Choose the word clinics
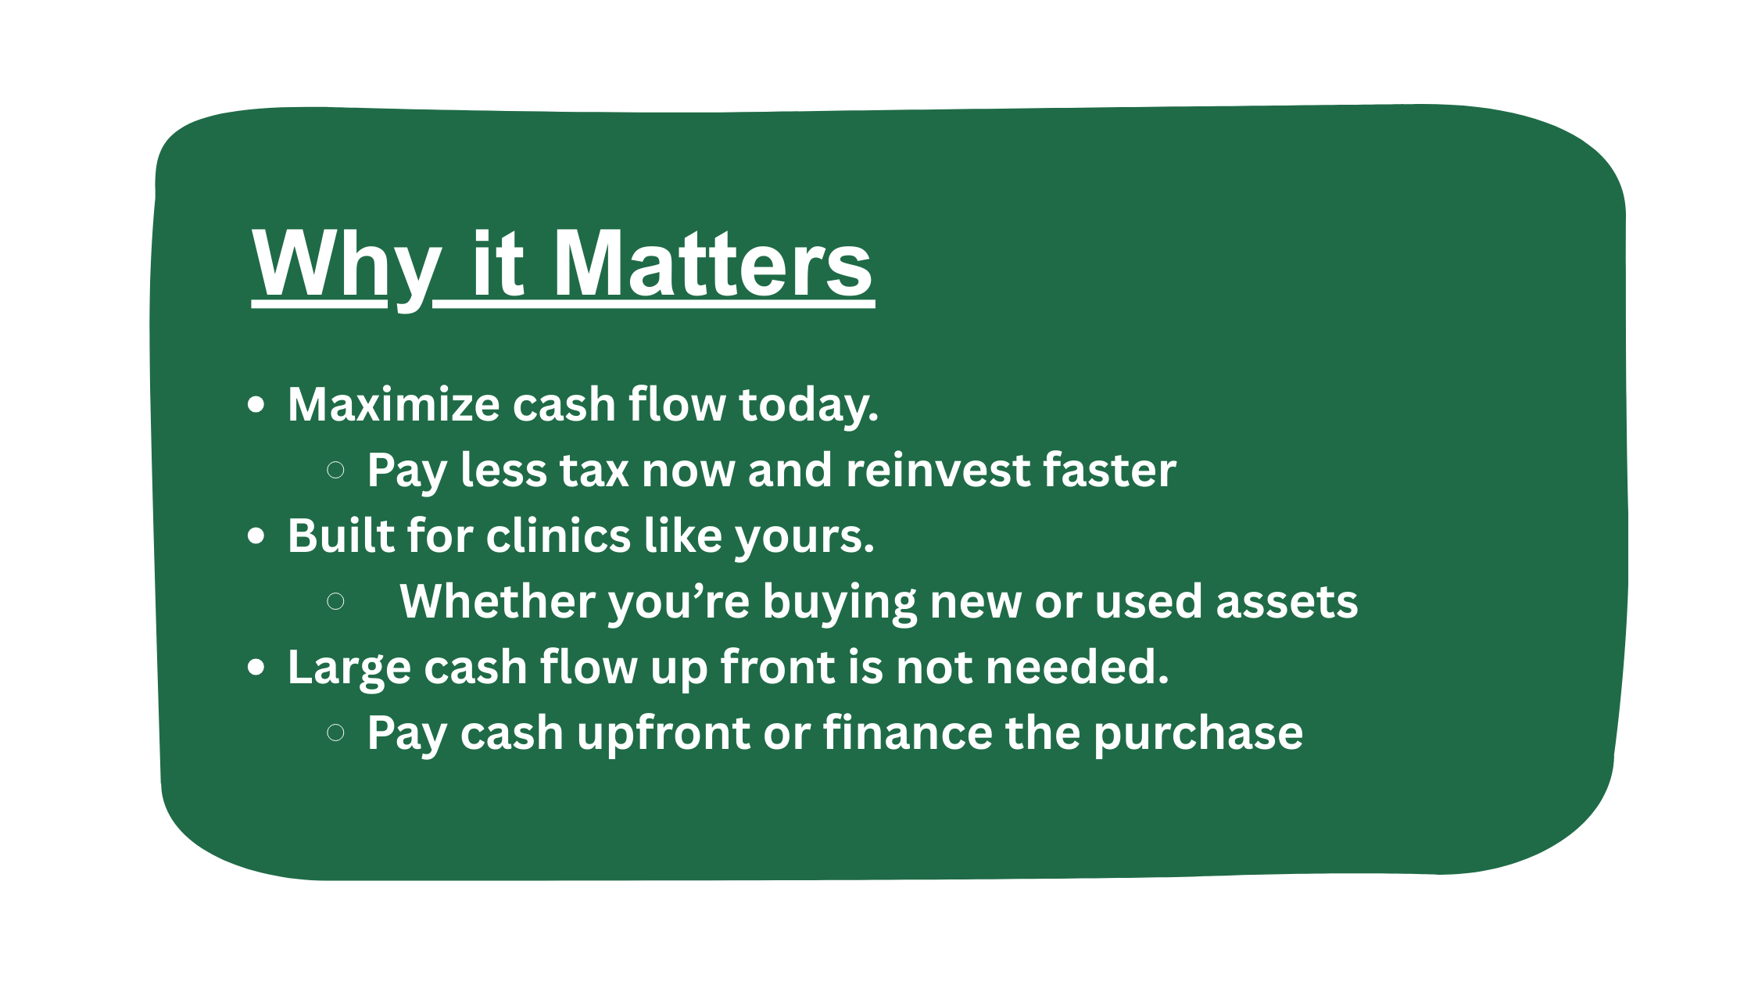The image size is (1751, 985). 558,535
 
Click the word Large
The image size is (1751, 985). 349,669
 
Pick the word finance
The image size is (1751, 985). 908,732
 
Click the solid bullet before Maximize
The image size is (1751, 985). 256,405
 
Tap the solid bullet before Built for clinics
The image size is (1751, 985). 256,536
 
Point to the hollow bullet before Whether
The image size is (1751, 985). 335,601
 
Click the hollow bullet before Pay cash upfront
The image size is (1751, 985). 335,732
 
